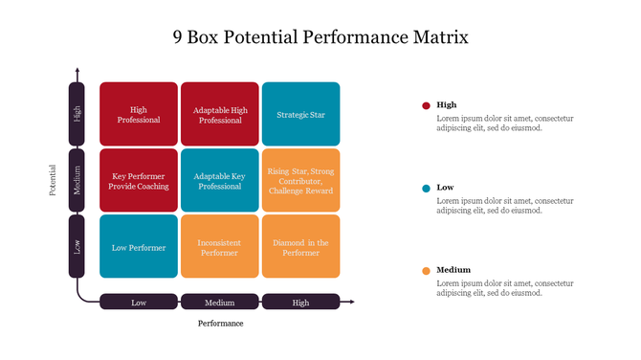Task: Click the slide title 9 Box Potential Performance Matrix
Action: [320, 38]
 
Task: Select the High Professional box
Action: [139, 114]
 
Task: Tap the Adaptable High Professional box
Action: [220, 114]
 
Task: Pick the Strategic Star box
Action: [300, 114]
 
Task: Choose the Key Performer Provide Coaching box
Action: [139, 180]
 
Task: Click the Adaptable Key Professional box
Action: [220, 180]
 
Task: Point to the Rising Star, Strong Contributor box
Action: [300, 180]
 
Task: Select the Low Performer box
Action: [139, 246]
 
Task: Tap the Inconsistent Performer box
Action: [220, 246]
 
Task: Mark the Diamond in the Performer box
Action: [300, 246]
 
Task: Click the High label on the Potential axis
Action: [77, 114]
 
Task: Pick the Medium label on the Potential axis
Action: [77, 180]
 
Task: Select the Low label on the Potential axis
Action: [77, 245]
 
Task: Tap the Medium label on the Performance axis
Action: [220, 303]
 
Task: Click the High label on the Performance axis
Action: [300, 303]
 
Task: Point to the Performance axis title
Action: [220, 324]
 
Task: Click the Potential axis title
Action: [54, 180]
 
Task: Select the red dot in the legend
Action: [425, 105]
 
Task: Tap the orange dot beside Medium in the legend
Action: [425, 271]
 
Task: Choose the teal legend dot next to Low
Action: [425, 188]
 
